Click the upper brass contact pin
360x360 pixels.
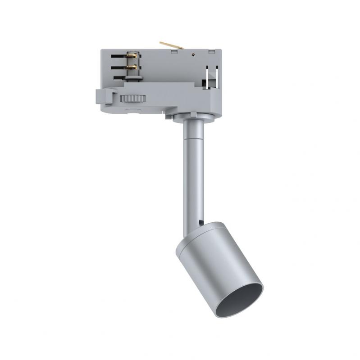click(x=132, y=56)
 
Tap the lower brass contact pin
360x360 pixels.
click(x=132, y=68)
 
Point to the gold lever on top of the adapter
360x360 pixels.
click(x=171, y=46)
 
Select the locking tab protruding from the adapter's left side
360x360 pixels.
click(x=101, y=96)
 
